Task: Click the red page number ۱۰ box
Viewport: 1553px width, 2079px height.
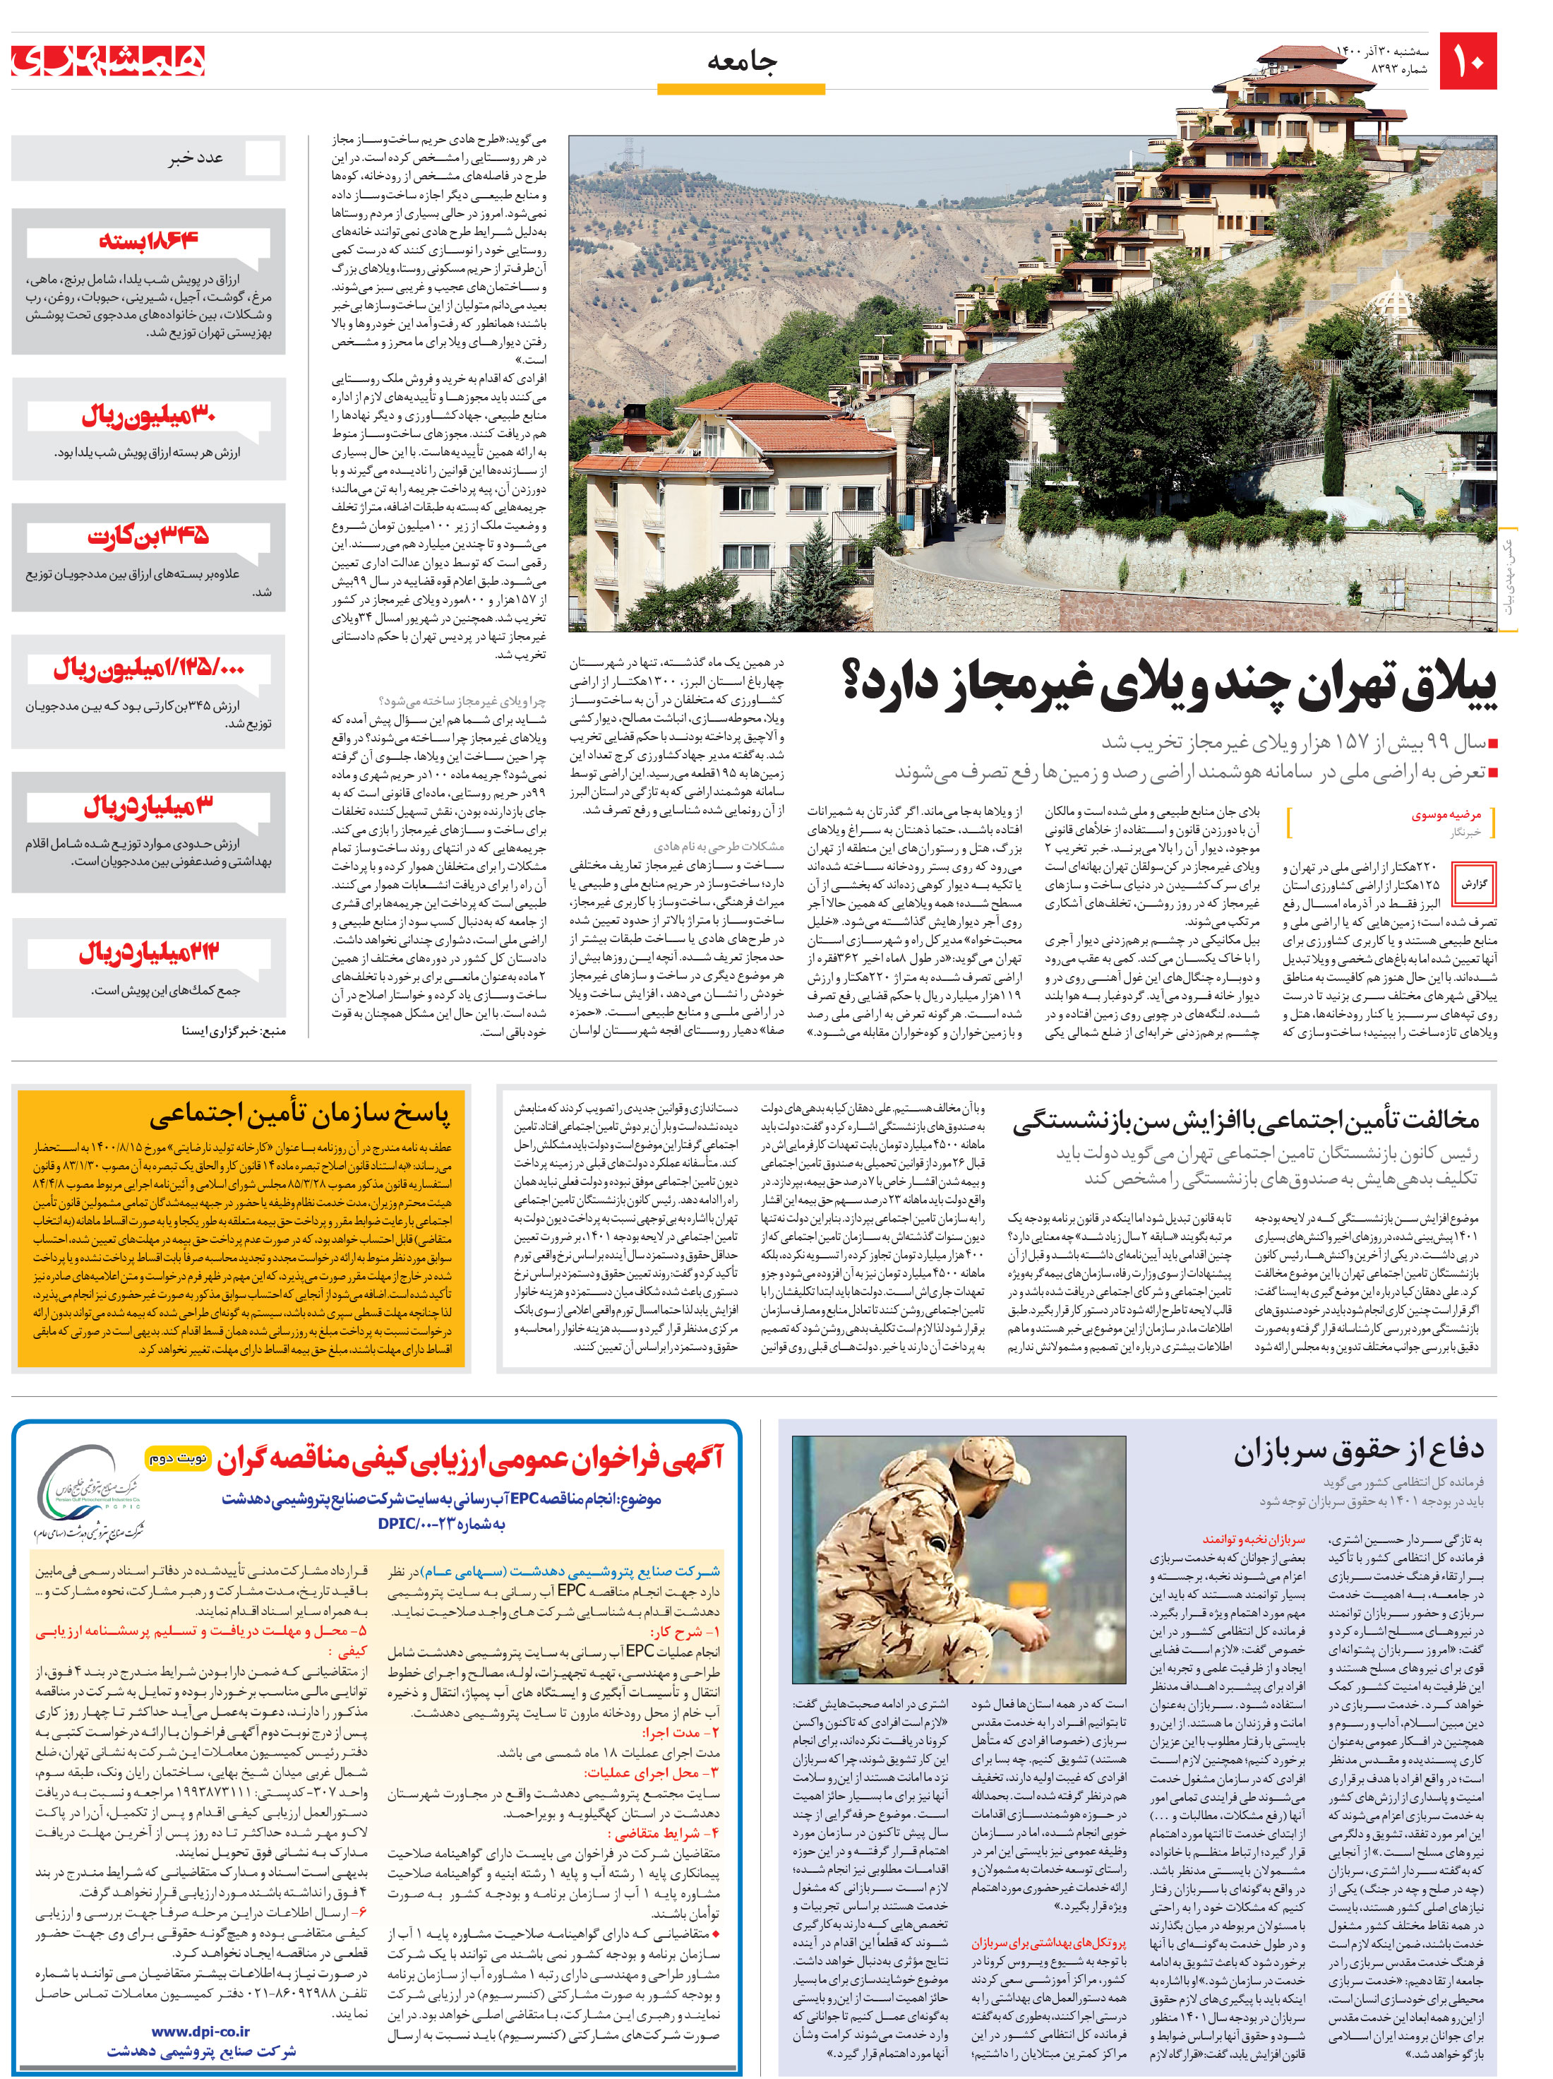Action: click(1468, 62)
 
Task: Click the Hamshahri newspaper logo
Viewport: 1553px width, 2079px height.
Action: click(109, 62)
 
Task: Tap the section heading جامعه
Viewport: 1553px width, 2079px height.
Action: click(741, 62)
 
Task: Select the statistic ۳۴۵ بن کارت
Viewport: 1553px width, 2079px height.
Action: click(148, 536)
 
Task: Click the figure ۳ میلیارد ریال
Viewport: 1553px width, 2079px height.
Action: click(148, 806)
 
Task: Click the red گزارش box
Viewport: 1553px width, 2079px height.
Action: click(1474, 884)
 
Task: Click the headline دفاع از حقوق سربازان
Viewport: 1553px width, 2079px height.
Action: click(1359, 1452)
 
